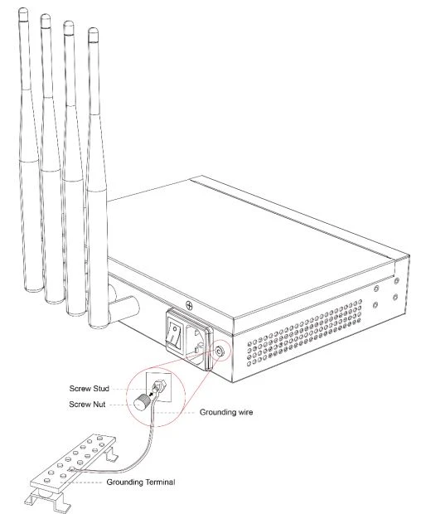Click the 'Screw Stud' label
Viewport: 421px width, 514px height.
coord(89,389)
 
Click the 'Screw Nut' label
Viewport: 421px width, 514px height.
coord(87,405)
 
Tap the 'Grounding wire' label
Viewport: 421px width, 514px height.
coord(226,412)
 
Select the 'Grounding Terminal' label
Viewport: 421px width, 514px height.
coord(141,482)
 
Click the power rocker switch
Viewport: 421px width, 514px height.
coord(175,334)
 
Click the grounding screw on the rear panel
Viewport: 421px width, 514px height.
coord(219,352)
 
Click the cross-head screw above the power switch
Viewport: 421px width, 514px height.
coord(189,305)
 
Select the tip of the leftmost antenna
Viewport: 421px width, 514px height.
coord(23,9)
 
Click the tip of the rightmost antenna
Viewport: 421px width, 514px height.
coord(93,30)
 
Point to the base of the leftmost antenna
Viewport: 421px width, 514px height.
coord(34,288)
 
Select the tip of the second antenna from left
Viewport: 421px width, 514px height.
coord(46,16)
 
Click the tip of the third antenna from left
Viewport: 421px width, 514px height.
coord(69,22)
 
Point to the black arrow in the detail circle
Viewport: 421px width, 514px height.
coord(152,394)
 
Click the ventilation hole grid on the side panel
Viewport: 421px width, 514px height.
coord(305,332)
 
